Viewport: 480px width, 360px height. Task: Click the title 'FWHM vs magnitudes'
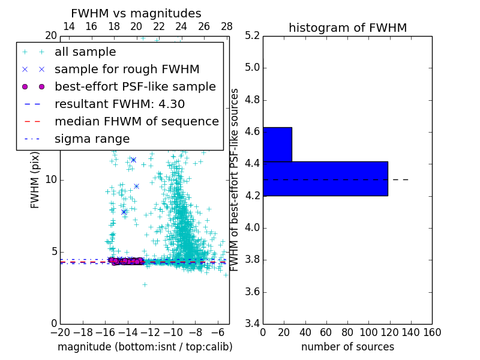136,13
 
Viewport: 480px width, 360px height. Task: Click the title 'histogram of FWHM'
347,28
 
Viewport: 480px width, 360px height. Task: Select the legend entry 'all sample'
85,52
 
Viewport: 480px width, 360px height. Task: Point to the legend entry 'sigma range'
92,139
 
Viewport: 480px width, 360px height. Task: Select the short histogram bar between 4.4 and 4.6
277,144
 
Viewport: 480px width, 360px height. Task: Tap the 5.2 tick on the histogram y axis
252,35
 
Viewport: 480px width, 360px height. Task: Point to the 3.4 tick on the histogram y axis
252,324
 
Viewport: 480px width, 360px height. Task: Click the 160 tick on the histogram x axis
432,332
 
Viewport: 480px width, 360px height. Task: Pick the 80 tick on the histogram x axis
347,332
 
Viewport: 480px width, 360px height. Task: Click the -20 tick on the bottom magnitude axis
60,332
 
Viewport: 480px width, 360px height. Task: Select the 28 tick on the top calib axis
227,26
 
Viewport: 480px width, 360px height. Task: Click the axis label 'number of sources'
347,347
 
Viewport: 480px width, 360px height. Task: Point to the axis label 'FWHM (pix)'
35,179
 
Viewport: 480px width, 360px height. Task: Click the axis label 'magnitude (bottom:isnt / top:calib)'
145,347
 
